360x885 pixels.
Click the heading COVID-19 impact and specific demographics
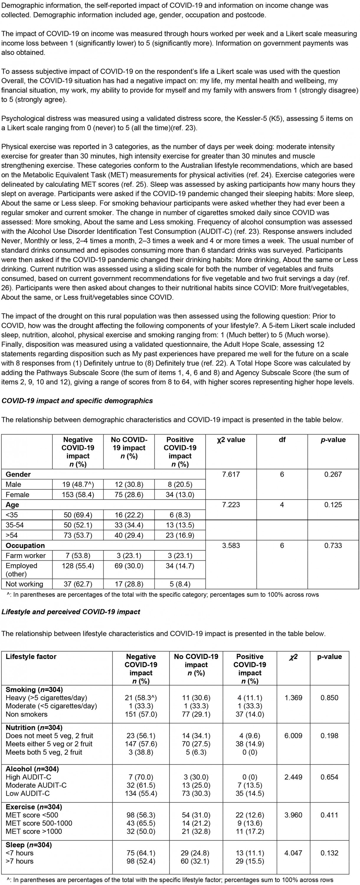tap(77, 401)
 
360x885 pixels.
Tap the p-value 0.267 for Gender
tap(333, 474)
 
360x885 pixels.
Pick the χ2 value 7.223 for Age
tap(231, 505)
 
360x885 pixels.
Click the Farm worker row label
tap(26, 555)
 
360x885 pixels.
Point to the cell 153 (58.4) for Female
tap(78, 495)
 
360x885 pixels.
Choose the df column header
tap(282, 440)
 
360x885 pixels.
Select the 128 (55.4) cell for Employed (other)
tap(78, 566)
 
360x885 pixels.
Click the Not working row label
tap(24, 584)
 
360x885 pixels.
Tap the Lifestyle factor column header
tap(31, 657)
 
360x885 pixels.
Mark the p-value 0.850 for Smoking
tap(329, 698)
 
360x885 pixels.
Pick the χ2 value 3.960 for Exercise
tap(293, 815)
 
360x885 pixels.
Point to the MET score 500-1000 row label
tap(39, 823)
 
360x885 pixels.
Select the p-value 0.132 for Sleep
tap(329, 853)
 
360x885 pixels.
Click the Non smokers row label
tap(27, 714)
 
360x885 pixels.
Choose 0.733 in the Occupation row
tap(333, 545)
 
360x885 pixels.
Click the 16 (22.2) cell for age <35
tap(129, 515)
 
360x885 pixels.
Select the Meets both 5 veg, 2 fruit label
tap(44, 752)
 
